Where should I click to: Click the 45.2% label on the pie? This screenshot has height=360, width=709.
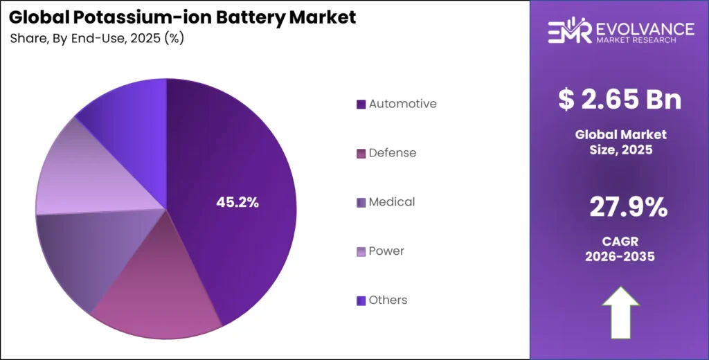click(237, 203)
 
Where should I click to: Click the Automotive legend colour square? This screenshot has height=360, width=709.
click(361, 105)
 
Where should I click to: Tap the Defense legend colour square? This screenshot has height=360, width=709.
click(361, 153)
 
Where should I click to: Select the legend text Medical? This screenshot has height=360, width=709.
click(392, 202)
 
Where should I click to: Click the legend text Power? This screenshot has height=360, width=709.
click(386, 251)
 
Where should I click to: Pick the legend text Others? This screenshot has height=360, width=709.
click(388, 300)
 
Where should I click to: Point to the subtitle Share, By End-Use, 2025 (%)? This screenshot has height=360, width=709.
click(97, 39)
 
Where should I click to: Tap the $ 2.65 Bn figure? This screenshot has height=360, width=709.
click(620, 100)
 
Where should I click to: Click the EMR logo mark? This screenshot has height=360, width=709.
click(569, 32)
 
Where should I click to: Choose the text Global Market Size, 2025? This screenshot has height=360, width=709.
click(620, 141)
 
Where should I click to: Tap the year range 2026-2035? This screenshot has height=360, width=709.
click(620, 256)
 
